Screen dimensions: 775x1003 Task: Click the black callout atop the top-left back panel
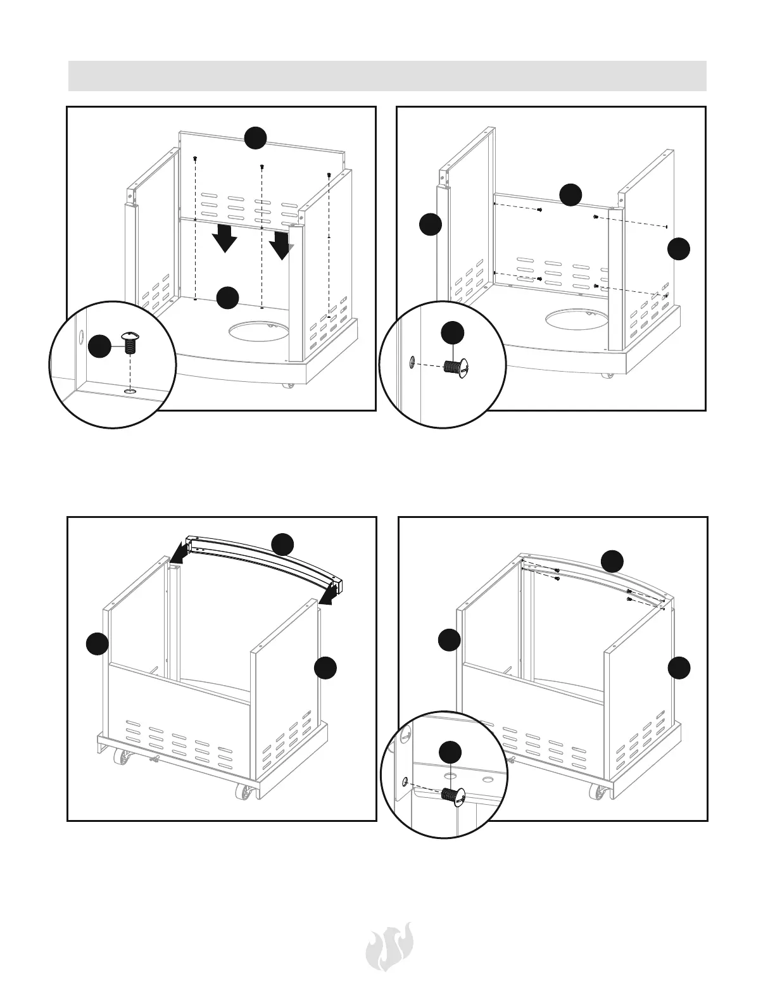[255, 137]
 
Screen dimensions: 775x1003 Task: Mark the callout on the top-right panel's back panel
[570, 194]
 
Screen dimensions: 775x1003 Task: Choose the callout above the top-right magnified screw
[452, 333]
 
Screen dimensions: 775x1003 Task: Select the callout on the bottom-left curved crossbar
[282, 544]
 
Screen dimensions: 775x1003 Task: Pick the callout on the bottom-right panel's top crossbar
[612, 560]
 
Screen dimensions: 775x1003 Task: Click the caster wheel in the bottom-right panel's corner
[598, 792]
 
